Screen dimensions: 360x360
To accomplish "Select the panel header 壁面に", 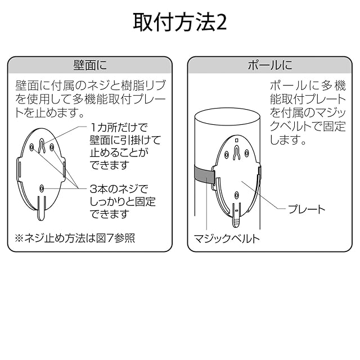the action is tap(89, 65).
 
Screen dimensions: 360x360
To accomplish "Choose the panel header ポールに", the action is tap(270, 65).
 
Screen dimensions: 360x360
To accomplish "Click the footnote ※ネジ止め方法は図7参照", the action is tap(75, 238).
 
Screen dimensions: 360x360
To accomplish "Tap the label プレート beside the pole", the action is tap(307, 209).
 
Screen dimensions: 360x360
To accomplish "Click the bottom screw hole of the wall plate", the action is tap(43, 189).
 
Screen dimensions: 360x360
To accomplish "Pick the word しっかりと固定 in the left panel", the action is tap(123, 201).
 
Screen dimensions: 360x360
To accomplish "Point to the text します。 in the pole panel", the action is tap(287, 139).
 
